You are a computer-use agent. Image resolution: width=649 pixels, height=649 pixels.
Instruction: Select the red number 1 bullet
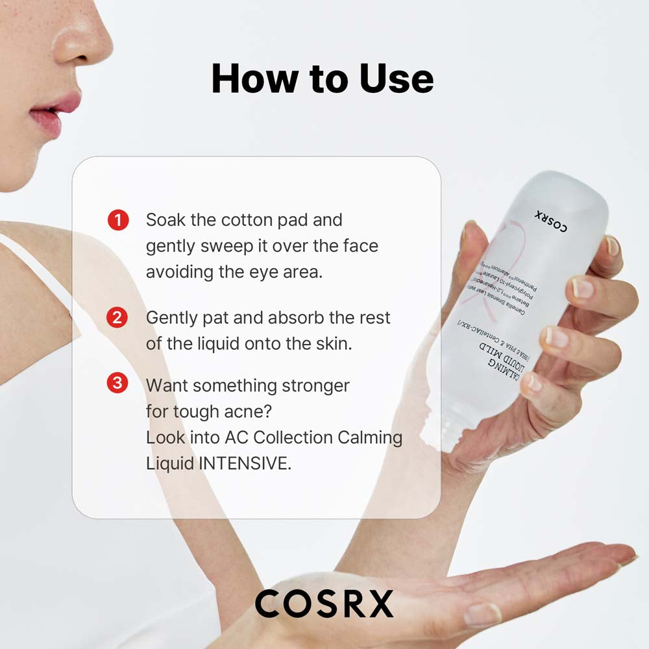[x=117, y=221]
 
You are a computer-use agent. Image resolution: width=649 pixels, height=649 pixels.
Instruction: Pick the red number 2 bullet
[x=117, y=318]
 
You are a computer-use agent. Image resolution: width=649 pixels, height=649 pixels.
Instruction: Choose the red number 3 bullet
[x=117, y=384]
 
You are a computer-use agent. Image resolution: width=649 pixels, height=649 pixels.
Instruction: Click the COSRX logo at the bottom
[x=324, y=604]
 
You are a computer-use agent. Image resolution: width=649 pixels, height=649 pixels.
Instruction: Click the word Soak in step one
[x=166, y=220]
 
